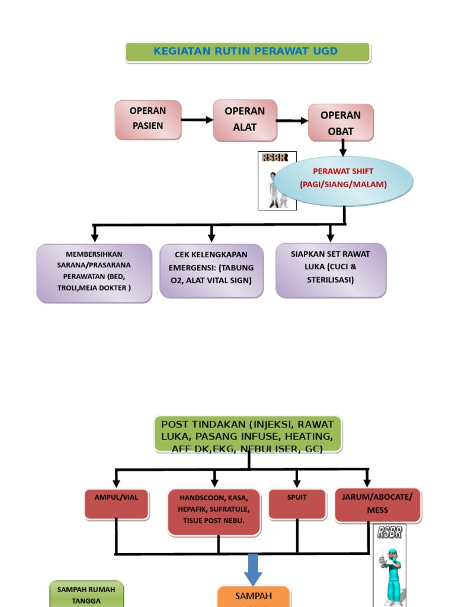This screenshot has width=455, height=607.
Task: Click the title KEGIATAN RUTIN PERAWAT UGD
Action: point(247,52)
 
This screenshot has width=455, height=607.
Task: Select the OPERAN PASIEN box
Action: point(148,119)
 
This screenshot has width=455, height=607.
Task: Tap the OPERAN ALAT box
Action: point(245,120)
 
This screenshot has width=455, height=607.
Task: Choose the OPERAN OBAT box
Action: point(341,123)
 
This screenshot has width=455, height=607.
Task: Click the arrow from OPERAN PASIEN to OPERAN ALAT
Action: point(197,120)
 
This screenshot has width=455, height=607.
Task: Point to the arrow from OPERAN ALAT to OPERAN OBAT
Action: point(292,121)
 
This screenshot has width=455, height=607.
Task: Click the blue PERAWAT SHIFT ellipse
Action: point(344,178)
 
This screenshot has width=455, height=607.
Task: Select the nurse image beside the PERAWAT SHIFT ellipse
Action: point(277,181)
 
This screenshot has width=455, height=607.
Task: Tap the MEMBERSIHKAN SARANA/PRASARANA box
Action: point(94,273)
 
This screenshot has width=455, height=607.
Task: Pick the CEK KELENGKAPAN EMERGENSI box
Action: point(211,270)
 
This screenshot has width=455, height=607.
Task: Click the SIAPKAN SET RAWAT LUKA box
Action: point(331,269)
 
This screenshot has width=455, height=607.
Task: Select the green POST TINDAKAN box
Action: point(248,435)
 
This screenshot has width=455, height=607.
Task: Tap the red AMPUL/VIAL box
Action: point(116,503)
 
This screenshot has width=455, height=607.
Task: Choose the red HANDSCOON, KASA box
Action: point(214,511)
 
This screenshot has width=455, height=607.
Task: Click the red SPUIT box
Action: point(297,503)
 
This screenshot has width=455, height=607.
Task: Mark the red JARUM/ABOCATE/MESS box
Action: point(377,505)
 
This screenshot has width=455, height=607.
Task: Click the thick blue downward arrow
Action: point(253,569)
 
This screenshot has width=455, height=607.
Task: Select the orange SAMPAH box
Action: point(254,596)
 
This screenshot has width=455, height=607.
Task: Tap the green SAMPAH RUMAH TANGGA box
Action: point(86,594)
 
